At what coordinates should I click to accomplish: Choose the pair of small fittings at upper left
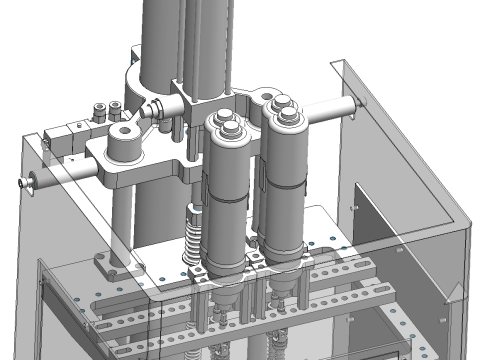[101, 110]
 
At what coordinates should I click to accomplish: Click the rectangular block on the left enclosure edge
[63, 135]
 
